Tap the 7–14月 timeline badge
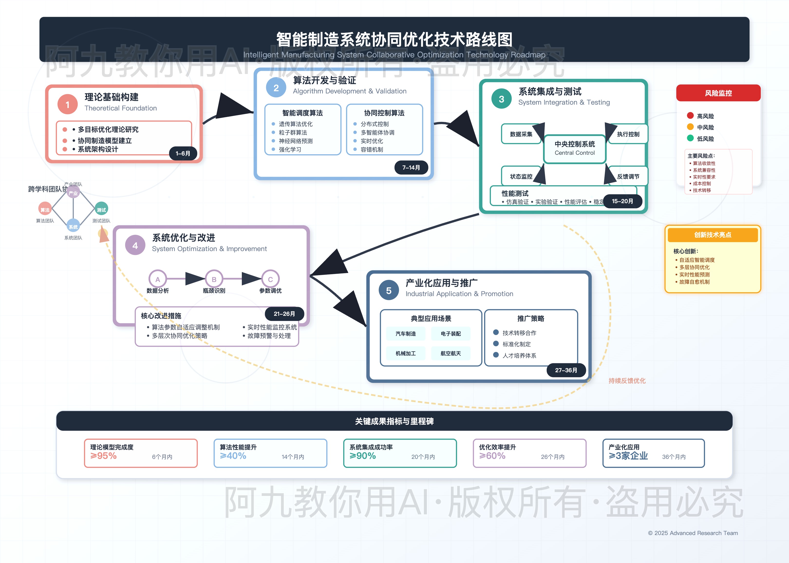point(411,167)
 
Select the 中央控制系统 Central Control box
point(574,148)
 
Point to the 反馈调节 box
point(628,176)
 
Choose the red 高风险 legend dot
point(690,115)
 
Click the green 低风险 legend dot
point(690,138)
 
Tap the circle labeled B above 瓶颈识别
point(214,279)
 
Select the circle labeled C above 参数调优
point(270,279)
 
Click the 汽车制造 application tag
point(406,334)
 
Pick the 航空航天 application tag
point(451,353)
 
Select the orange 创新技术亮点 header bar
point(713,235)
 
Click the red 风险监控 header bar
point(718,93)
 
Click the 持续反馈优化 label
point(627,381)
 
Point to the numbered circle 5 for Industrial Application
point(389,291)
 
